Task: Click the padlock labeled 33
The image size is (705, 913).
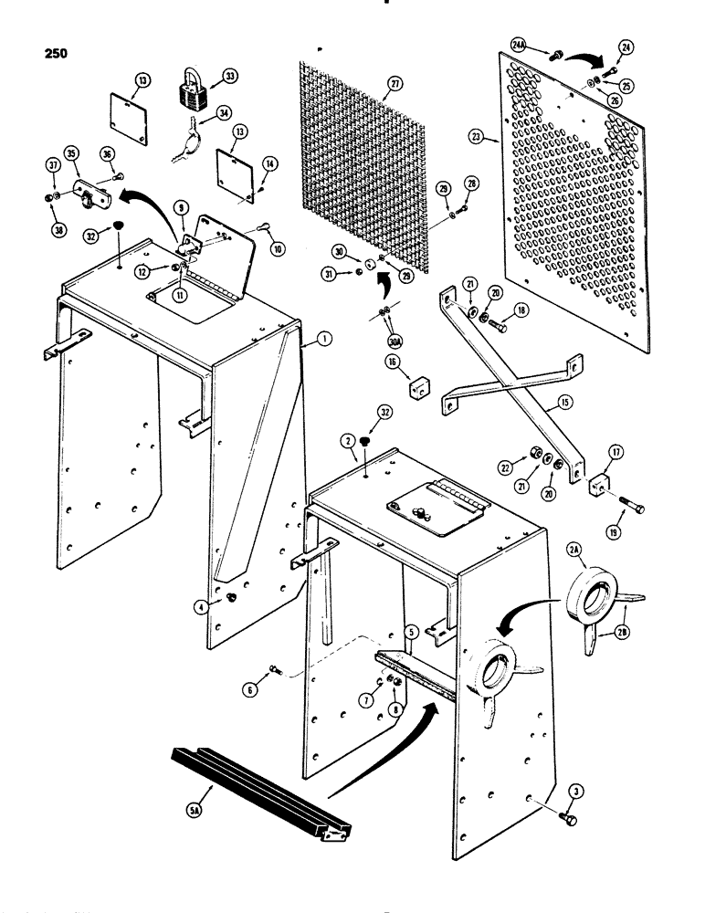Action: (x=192, y=90)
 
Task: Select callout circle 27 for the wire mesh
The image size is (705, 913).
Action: (x=395, y=83)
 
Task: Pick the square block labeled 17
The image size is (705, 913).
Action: (x=600, y=485)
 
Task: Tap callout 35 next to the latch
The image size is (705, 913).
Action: (x=70, y=153)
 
